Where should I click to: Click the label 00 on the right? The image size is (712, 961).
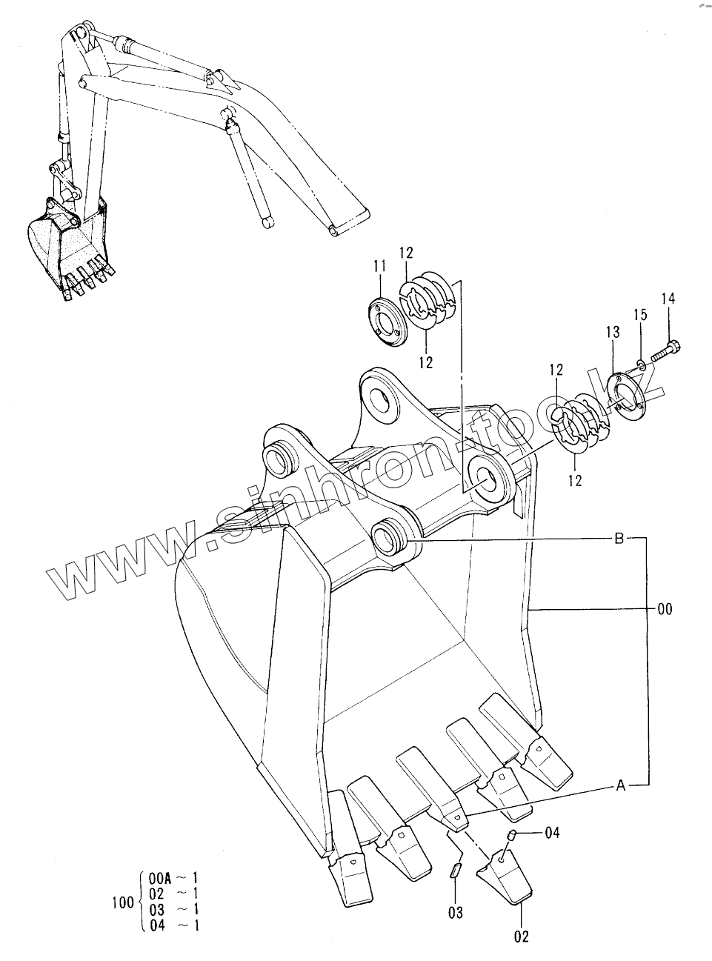(x=665, y=609)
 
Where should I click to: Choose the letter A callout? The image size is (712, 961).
(x=620, y=786)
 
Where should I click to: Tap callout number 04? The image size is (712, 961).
(x=552, y=833)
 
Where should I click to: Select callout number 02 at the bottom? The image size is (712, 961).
(x=521, y=937)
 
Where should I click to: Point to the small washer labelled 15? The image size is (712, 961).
(x=642, y=363)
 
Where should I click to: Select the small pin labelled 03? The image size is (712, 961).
(x=456, y=870)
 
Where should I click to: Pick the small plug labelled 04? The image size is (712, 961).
(x=510, y=837)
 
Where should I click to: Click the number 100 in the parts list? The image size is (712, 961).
(x=122, y=902)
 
